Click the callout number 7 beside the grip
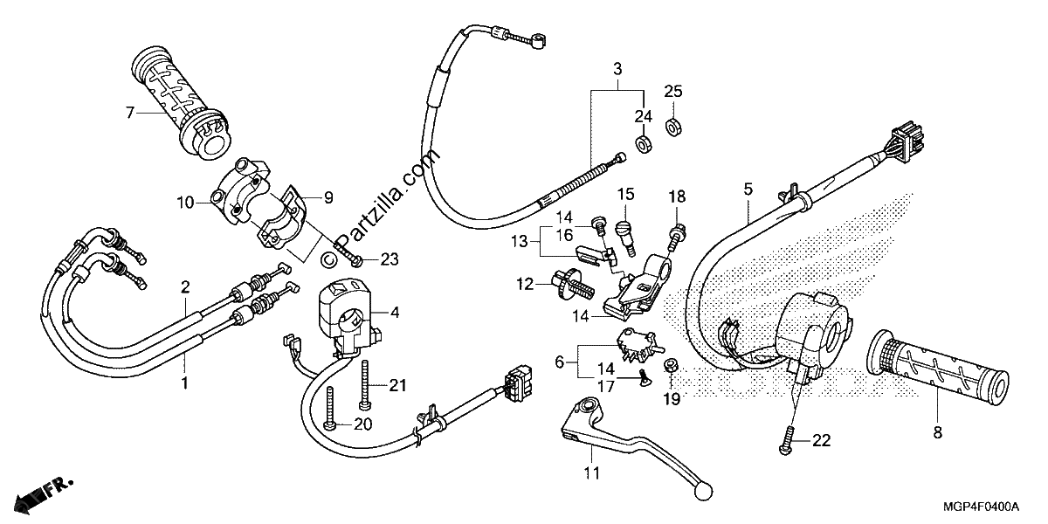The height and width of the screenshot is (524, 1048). point(130,113)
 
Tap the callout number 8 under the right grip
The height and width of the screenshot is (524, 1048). point(938,433)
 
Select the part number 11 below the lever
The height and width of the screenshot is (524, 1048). point(591,473)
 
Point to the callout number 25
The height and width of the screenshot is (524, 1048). point(673,91)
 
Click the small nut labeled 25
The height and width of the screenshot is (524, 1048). point(673,128)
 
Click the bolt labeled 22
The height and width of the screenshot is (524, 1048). point(788,441)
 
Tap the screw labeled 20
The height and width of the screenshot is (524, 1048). point(331,409)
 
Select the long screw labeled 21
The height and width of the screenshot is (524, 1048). point(364,384)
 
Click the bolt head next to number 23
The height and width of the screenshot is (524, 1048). point(356,260)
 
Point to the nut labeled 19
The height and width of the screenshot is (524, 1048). point(670,365)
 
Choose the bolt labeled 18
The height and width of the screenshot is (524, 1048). point(675,238)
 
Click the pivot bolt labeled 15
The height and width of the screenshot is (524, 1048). point(625,238)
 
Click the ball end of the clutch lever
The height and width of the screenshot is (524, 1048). point(703,491)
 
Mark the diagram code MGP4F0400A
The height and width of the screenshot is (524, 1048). point(981,507)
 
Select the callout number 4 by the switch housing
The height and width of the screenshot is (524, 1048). point(396,312)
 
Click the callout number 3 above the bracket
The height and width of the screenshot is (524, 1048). point(617,69)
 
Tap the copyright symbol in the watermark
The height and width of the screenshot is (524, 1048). point(329,259)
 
